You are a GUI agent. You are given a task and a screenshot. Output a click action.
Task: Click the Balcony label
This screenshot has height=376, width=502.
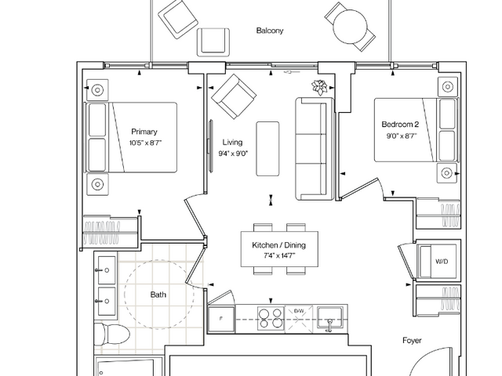pyautogui.click(x=270, y=31)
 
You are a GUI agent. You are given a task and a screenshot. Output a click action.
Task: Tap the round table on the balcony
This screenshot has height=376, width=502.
pyautogui.click(x=351, y=27)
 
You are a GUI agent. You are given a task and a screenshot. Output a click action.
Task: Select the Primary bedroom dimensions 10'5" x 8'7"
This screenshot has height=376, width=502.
pyautogui.click(x=145, y=143)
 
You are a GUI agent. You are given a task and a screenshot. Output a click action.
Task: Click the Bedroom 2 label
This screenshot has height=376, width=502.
pyautogui.click(x=400, y=125)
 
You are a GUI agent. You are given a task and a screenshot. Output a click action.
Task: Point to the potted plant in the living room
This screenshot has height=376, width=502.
pyautogui.click(x=319, y=87)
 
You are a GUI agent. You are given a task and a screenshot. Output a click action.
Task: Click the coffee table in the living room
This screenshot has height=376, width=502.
pyautogui.click(x=267, y=149)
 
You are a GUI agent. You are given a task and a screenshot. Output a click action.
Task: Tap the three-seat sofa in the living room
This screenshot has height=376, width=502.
pyautogui.click(x=314, y=149)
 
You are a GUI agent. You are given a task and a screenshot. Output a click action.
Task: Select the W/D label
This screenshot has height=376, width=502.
pyautogui.click(x=442, y=262)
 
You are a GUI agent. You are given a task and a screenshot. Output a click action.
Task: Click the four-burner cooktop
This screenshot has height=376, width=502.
pyautogui.click(x=271, y=319)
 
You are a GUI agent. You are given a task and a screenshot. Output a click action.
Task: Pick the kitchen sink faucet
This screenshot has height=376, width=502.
pyautogui.click(x=329, y=325)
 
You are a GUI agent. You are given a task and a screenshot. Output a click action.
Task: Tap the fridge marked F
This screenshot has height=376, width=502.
pyautogui.click(x=221, y=319)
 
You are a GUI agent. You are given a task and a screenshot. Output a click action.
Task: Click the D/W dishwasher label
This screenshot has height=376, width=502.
pyautogui.click(x=299, y=311)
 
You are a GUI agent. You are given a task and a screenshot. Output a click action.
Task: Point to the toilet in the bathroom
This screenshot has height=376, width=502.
pyautogui.click(x=111, y=334)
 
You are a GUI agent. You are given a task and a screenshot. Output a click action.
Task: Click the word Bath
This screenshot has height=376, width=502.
pyautogui.click(x=158, y=295)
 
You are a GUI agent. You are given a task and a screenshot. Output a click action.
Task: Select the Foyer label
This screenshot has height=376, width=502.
pyautogui.click(x=412, y=341)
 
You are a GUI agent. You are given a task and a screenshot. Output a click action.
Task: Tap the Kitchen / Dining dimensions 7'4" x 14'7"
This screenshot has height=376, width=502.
pyautogui.click(x=279, y=255)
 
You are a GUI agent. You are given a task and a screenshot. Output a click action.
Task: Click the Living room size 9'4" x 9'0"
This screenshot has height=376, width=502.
pyautogui.click(x=233, y=154)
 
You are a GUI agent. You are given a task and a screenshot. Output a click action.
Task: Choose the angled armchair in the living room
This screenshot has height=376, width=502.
pyautogui.click(x=234, y=96)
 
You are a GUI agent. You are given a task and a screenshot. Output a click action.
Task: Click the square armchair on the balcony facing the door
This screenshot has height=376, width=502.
pyautogui.click(x=213, y=42)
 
